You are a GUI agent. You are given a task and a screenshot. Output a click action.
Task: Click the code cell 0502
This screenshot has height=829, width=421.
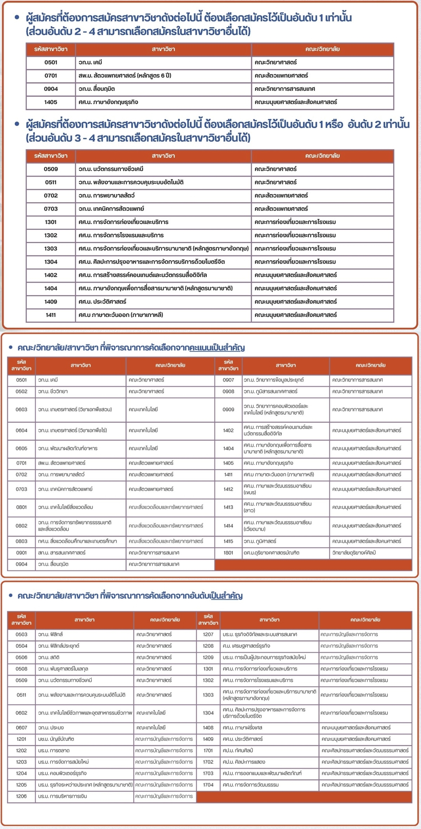pos(21,391)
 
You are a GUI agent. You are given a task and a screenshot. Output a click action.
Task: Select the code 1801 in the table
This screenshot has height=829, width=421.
pos(228,553)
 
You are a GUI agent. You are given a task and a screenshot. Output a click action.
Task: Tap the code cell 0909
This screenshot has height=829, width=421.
pos(228,409)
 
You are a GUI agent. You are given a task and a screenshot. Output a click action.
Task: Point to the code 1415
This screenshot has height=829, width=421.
pos(228,541)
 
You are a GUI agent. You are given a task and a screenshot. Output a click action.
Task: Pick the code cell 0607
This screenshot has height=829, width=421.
pos(21,727)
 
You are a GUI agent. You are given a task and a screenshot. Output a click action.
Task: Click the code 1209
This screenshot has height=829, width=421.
pos(208,657)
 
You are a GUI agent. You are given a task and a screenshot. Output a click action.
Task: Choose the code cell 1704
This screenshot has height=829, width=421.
pos(208,785)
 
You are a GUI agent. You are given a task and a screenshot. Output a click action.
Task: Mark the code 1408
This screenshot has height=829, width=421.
pos(208,727)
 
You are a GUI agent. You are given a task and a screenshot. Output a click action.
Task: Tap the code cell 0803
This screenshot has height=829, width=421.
pos(21,541)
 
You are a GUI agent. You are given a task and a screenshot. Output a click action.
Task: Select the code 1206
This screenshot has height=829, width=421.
pos(21,796)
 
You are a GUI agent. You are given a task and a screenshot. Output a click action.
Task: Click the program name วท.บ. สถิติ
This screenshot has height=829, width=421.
pos(49,657)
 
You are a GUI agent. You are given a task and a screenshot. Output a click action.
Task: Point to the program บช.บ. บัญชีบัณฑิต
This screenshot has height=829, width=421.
pos(56,739)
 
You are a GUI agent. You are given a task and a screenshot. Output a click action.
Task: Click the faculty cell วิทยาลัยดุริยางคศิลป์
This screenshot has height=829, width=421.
pos(354,553)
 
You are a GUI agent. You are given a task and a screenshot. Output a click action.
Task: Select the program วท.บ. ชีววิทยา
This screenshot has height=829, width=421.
pos(53,391)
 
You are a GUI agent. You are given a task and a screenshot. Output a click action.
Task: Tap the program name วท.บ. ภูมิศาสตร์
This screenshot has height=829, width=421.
pos(260,541)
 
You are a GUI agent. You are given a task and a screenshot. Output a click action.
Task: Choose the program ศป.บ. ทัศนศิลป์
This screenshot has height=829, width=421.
pos(238,751)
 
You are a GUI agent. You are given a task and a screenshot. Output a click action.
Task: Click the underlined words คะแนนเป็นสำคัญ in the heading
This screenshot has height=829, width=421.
pos(217,348)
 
